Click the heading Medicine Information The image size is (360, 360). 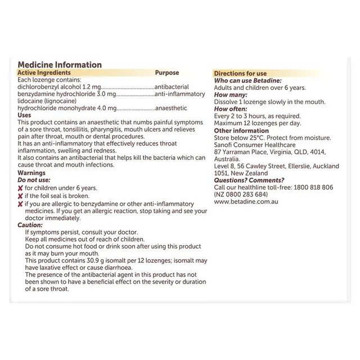point(60,65)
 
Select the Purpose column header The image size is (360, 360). point(166,73)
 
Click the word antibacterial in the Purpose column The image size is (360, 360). point(172,87)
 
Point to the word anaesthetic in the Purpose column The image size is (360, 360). point(170,107)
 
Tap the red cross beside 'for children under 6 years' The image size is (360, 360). point(21,188)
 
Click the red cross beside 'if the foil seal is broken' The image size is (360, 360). point(21,196)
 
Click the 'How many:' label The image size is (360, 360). point(230,95)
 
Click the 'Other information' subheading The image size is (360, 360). point(242,130)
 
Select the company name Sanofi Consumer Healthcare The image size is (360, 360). point(255,145)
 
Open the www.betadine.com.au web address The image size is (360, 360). point(245,201)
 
